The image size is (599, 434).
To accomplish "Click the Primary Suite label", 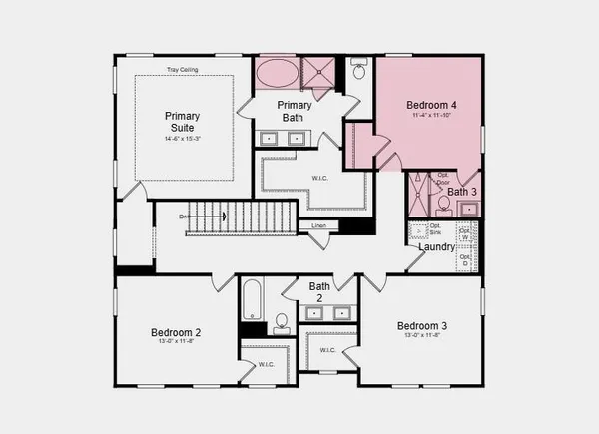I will (183, 122).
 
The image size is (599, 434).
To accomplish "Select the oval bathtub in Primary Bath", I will (277, 73).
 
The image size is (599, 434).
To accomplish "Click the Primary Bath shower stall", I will (320, 73).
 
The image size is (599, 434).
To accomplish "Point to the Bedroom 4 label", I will (430, 105).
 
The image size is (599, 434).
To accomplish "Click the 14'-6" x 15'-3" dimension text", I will (183, 138).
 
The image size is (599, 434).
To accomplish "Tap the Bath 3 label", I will (461, 191).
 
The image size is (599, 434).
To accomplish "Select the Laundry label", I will (437, 247).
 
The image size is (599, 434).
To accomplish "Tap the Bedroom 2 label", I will (177, 332).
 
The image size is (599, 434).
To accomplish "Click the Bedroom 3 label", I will (422, 326).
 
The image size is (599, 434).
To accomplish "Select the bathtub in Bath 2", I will (252, 299).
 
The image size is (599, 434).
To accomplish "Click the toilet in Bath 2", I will (282, 321).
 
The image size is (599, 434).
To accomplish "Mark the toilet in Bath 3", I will (443, 204).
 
